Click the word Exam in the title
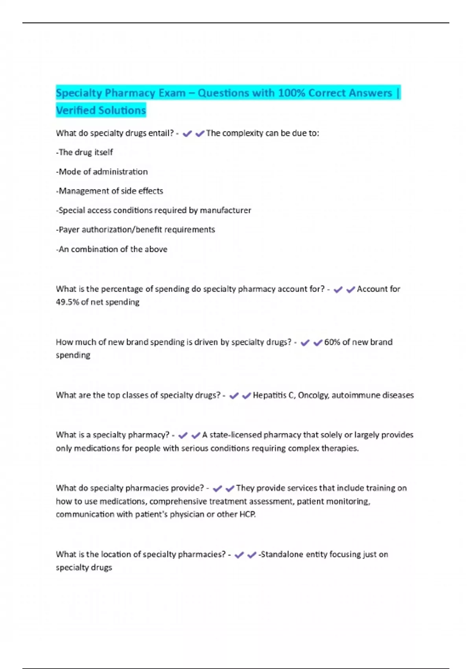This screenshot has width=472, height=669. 172,93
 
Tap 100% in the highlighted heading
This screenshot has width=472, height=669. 291,93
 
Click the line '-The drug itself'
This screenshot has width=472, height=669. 85,152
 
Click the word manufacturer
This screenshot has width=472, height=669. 225,210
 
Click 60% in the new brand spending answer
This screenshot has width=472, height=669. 332,342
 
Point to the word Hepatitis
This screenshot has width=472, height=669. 269,395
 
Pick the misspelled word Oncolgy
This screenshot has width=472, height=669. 313,395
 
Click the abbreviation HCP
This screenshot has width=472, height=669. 247,514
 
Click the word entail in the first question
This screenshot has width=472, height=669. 160,133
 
